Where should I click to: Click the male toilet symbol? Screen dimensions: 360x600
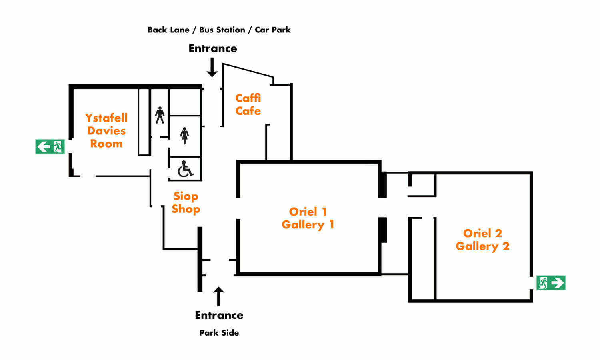160,115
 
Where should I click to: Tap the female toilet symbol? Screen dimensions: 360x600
184,136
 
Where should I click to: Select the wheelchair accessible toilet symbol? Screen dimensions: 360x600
185,169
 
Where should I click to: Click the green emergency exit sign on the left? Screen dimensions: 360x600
50,147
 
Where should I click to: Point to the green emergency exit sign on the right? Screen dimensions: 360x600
551,283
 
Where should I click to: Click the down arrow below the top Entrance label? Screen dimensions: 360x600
212,67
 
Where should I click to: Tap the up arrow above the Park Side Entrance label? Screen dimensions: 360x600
218,296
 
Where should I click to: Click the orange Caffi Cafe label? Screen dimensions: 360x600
248,104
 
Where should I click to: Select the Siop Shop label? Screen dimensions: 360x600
186,202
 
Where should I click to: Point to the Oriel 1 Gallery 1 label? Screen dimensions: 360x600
308,218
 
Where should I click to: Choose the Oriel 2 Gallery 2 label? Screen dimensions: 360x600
482,240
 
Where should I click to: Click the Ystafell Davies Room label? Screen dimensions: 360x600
106,130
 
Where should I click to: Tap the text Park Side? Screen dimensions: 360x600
219,333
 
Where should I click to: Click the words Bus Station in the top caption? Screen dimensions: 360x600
222,30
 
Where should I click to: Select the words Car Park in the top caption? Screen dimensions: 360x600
273,30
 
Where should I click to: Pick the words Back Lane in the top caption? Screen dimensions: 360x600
168,30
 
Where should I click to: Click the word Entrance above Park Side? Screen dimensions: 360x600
219,315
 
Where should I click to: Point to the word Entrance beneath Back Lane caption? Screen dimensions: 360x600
213,48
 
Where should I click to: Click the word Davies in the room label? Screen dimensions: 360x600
106,131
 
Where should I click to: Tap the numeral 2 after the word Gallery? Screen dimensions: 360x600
506,246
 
